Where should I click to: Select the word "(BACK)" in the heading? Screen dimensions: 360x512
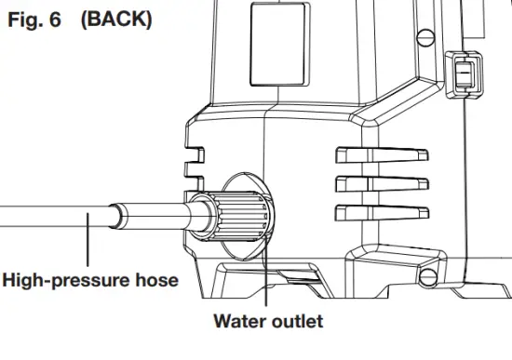pos(116,19)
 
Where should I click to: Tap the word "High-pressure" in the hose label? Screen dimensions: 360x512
pos(65,279)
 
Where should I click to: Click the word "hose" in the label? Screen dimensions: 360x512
pos(155,279)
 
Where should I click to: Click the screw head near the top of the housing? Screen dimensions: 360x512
pos(427,37)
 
